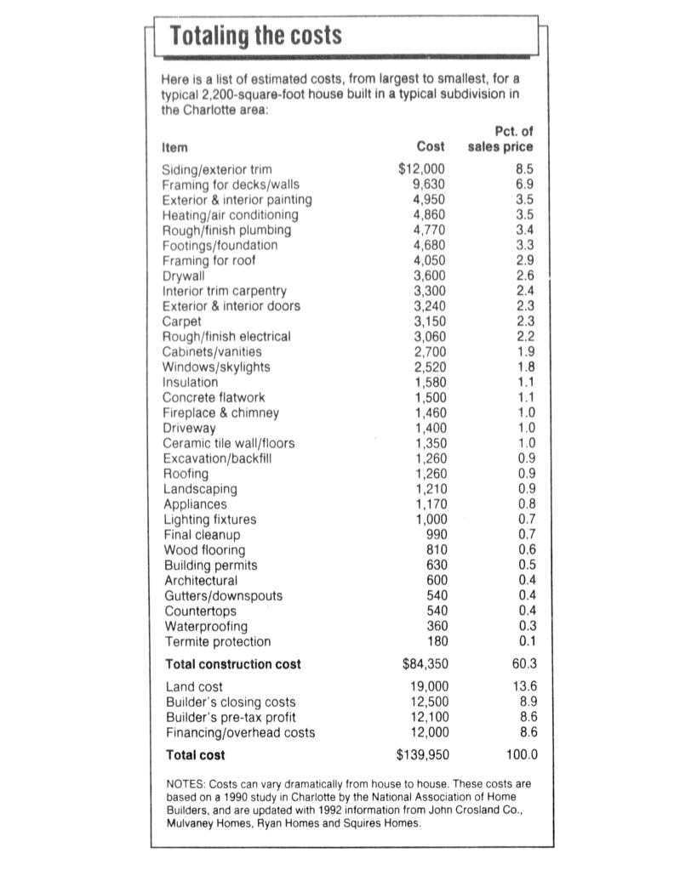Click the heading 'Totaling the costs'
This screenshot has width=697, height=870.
click(255, 36)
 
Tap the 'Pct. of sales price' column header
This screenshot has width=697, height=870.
click(500, 139)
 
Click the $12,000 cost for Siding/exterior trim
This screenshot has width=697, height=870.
click(424, 169)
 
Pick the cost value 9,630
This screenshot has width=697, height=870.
click(429, 185)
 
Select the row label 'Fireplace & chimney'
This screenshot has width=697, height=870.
click(220, 412)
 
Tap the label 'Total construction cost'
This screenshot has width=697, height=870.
click(232, 664)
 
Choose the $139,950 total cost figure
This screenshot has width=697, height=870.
click(423, 754)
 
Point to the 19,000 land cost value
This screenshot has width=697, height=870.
click(428, 686)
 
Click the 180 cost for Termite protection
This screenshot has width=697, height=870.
click(437, 641)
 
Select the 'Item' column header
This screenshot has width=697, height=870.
click(174, 146)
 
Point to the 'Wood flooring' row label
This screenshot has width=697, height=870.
click(204, 550)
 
